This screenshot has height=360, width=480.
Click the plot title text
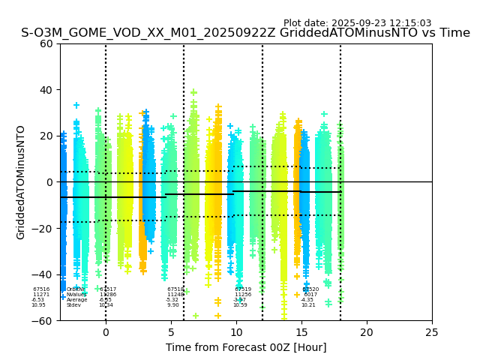(x=245, y=33)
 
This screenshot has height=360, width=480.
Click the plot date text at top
(x=357, y=23)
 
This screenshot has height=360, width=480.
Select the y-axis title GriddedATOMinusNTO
(x=21, y=182)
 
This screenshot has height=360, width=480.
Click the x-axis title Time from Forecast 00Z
(x=246, y=347)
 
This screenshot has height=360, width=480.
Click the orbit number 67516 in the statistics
(x=41, y=289)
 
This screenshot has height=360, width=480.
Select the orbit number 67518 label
(x=175, y=289)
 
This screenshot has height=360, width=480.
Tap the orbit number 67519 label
(x=243, y=289)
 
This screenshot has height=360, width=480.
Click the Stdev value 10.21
(x=308, y=305)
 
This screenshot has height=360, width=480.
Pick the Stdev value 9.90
(x=173, y=305)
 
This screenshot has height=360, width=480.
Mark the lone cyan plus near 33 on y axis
(x=76, y=106)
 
